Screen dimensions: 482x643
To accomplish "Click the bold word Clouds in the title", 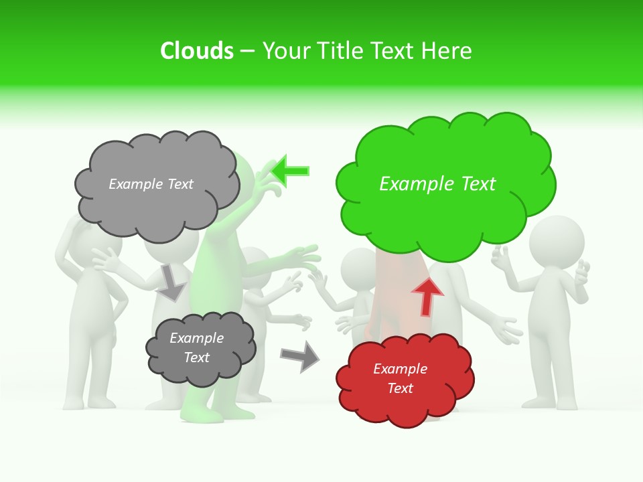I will pyautogui.click(x=196, y=51).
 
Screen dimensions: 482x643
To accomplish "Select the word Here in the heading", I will pyautogui.click(x=447, y=51).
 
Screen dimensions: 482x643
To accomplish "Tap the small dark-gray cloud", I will pyautogui.click(x=200, y=348).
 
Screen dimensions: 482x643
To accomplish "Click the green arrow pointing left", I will pyautogui.click(x=291, y=171).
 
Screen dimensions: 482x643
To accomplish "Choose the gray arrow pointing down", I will pyautogui.click(x=171, y=282).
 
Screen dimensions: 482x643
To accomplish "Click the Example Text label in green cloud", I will pyautogui.click(x=437, y=184).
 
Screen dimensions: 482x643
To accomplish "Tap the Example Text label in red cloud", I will pyautogui.click(x=400, y=378).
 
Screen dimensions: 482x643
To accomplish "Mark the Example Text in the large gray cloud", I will pyautogui.click(x=151, y=184).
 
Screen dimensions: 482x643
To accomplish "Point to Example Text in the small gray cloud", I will pyautogui.click(x=196, y=347).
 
